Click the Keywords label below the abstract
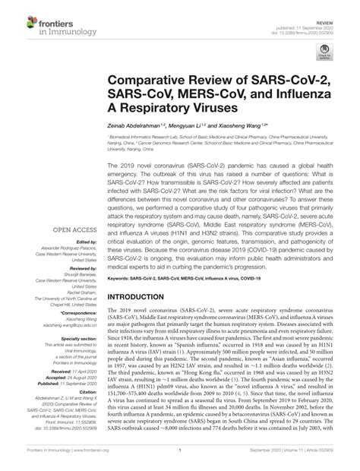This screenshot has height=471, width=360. tap(124, 277)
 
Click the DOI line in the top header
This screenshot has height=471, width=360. tap(311, 17)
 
